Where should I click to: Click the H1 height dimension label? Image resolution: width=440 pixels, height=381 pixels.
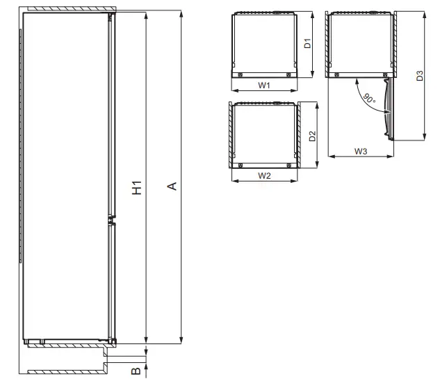138,187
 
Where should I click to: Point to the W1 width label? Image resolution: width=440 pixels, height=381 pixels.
264,85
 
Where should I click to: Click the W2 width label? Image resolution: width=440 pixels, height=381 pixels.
264,176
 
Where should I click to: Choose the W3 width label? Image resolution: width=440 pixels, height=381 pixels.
361,150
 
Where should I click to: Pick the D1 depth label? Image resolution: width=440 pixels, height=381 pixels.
307,43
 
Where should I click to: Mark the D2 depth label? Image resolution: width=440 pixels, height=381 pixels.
312,136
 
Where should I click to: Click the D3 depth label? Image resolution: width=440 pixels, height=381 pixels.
419,76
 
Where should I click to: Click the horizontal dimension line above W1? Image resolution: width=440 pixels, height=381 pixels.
264,91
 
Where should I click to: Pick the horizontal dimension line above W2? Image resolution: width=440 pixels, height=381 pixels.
264,182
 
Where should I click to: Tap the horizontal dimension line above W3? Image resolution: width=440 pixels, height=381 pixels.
361,156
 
